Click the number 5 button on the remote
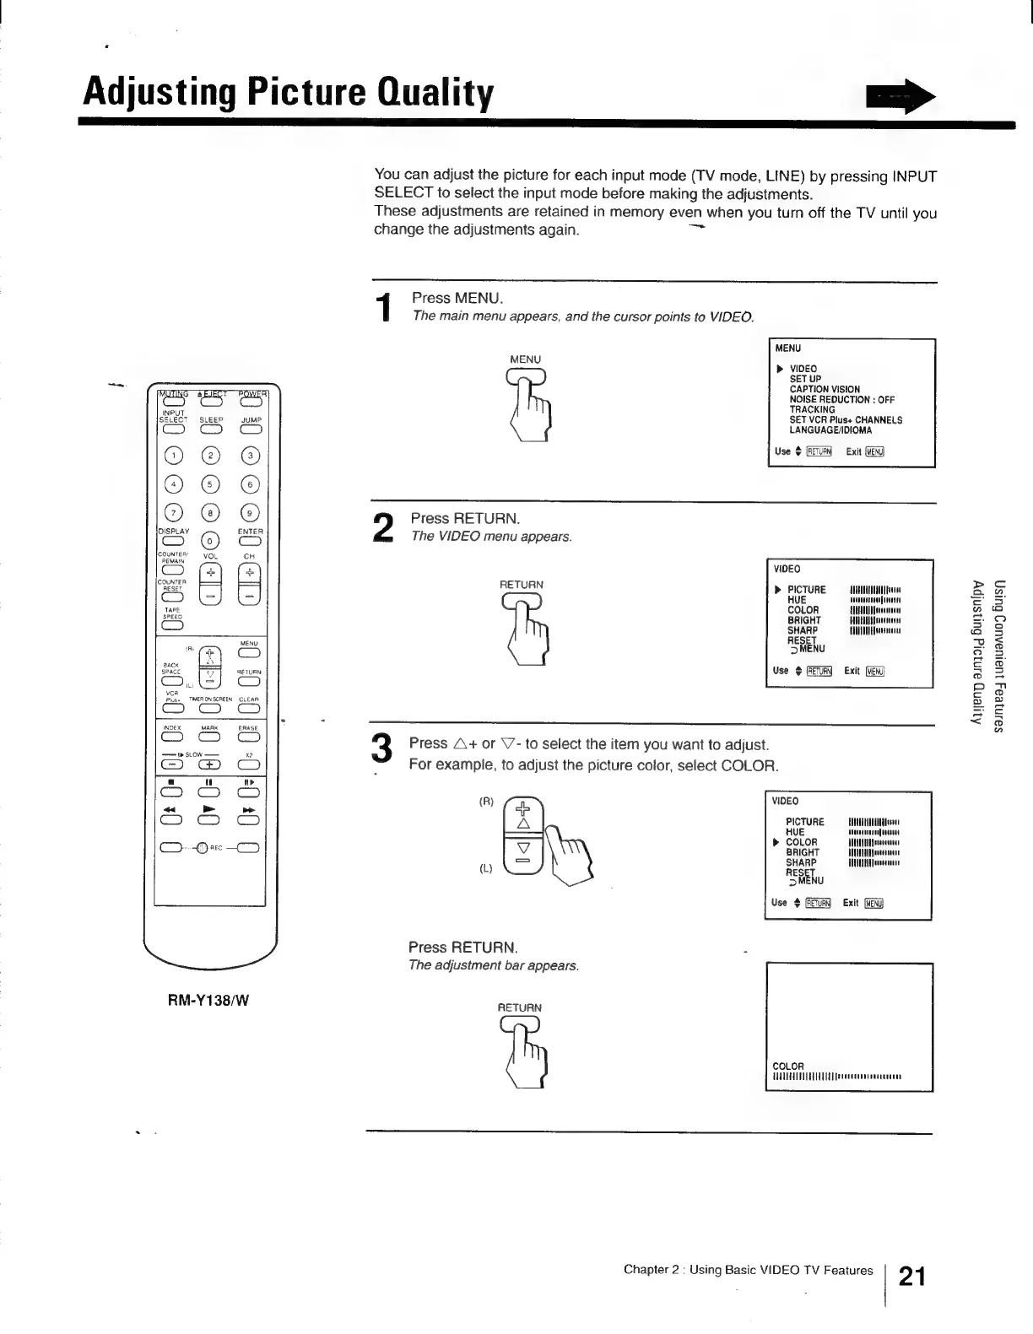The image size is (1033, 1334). (211, 484)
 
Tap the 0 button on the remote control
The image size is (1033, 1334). (211, 541)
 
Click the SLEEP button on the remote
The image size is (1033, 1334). (211, 429)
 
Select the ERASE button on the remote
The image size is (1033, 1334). (250, 738)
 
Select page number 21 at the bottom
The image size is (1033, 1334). (912, 1276)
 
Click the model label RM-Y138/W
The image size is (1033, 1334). (208, 1001)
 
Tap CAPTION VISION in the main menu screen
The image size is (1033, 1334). (825, 390)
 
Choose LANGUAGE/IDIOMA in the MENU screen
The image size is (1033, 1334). (830, 430)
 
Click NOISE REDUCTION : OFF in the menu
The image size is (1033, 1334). (841, 400)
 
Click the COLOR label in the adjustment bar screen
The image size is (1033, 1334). (788, 1066)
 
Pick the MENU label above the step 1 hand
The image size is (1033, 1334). (525, 359)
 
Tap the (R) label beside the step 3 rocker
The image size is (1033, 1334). (485, 802)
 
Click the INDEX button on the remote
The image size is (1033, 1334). (171, 738)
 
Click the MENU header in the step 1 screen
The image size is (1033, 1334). (787, 348)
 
